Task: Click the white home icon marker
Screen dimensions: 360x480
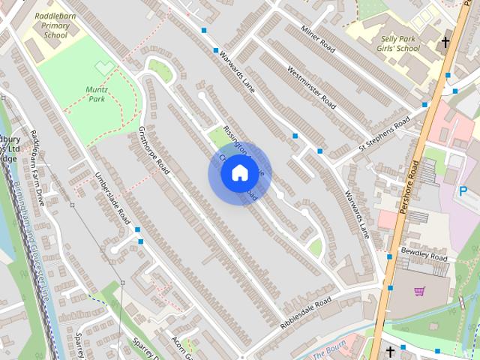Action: pyautogui.click(x=239, y=173)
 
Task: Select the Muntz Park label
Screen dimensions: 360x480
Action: pyautogui.click(x=97, y=94)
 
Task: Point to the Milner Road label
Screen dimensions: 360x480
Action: pyautogui.click(x=316, y=38)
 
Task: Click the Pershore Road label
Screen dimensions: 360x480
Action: pyautogui.click(x=414, y=187)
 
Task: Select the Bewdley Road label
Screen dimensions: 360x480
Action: pyautogui.click(x=424, y=253)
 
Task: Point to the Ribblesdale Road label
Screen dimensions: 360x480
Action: pyautogui.click(x=305, y=313)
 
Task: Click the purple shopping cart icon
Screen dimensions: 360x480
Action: pyautogui.click(x=419, y=292)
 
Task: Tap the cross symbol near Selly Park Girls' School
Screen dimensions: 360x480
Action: pyautogui.click(x=445, y=42)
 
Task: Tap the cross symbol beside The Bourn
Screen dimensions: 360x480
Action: pyautogui.click(x=390, y=351)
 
